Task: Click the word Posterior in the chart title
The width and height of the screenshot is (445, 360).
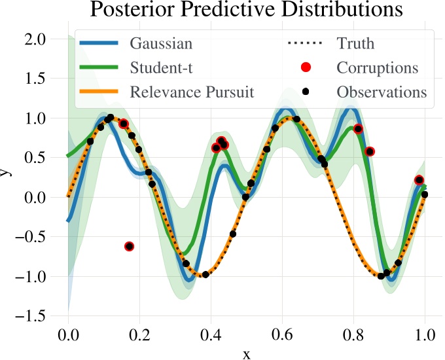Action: click(x=129, y=10)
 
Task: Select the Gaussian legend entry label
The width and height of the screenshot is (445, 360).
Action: click(x=161, y=44)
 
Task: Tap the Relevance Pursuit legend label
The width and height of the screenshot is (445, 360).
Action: click(x=192, y=92)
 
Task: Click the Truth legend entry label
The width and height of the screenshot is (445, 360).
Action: click(x=355, y=44)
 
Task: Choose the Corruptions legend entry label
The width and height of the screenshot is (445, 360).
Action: click(x=378, y=67)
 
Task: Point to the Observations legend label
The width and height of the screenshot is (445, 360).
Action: click(x=382, y=92)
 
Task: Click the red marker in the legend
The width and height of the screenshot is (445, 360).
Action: click(x=306, y=67)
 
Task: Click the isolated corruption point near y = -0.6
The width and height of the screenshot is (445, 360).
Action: click(x=129, y=246)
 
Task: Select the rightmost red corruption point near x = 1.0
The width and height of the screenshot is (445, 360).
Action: click(x=419, y=180)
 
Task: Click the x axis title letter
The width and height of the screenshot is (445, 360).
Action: click(x=247, y=354)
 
